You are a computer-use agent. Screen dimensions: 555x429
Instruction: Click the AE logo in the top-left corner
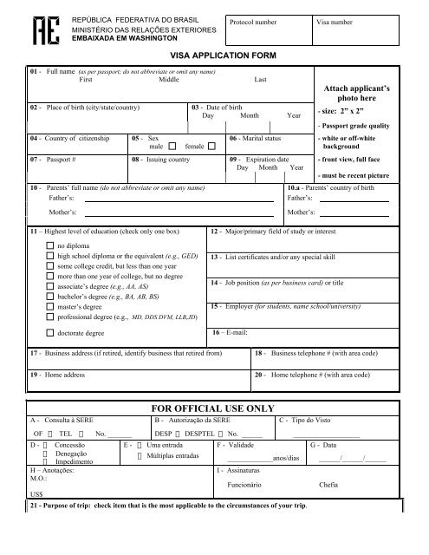[41, 32]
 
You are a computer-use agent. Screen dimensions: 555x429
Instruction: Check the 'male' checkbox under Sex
[172, 147]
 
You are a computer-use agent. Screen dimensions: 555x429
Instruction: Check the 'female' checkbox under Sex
[212, 147]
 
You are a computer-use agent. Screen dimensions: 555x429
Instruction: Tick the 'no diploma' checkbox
[49, 246]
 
